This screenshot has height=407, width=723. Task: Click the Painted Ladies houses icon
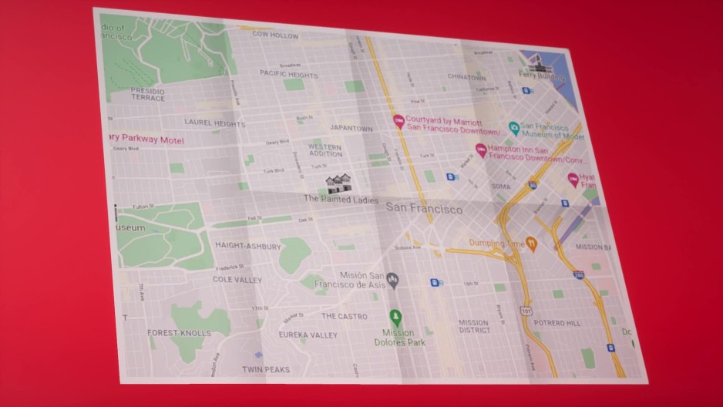click(x=338, y=183)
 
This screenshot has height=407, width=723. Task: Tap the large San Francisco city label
click(x=424, y=209)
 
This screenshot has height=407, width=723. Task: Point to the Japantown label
click(x=351, y=128)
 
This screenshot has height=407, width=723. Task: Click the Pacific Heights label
click(x=288, y=74)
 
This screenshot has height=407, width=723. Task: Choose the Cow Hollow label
click(x=275, y=35)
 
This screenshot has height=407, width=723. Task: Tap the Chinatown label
click(x=467, y=78)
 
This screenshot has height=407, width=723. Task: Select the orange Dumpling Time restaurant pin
click(x=531, y=244)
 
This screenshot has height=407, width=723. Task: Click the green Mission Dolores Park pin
click(x=395, y=317)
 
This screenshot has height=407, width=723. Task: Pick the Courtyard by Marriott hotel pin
click(x=398, y=121)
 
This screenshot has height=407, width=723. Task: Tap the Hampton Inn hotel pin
click(x=482, y=150)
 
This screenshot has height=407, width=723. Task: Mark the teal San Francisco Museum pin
click(x=514, y=128)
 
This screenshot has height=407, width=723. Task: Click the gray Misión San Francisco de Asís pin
click(x=392, y=278)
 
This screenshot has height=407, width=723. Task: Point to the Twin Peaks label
click(x=266, y=370)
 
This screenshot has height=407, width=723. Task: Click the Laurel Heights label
click(x=215, y=123)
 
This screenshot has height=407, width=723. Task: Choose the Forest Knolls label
click(x=179, y=333)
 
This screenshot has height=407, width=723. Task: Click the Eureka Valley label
click(x=308, y=335)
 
